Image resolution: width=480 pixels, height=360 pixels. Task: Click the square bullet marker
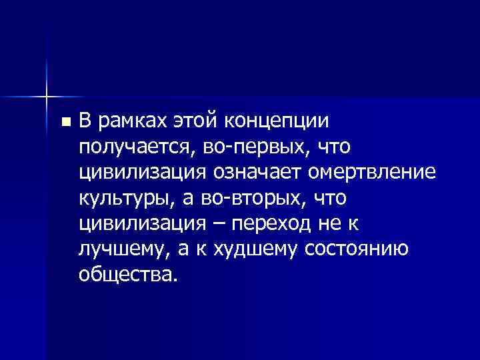click(x=64, y=123)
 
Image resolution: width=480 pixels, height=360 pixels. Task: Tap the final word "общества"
click(x=128, y=274)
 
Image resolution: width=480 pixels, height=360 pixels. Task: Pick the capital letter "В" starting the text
click(x=85, y=121)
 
